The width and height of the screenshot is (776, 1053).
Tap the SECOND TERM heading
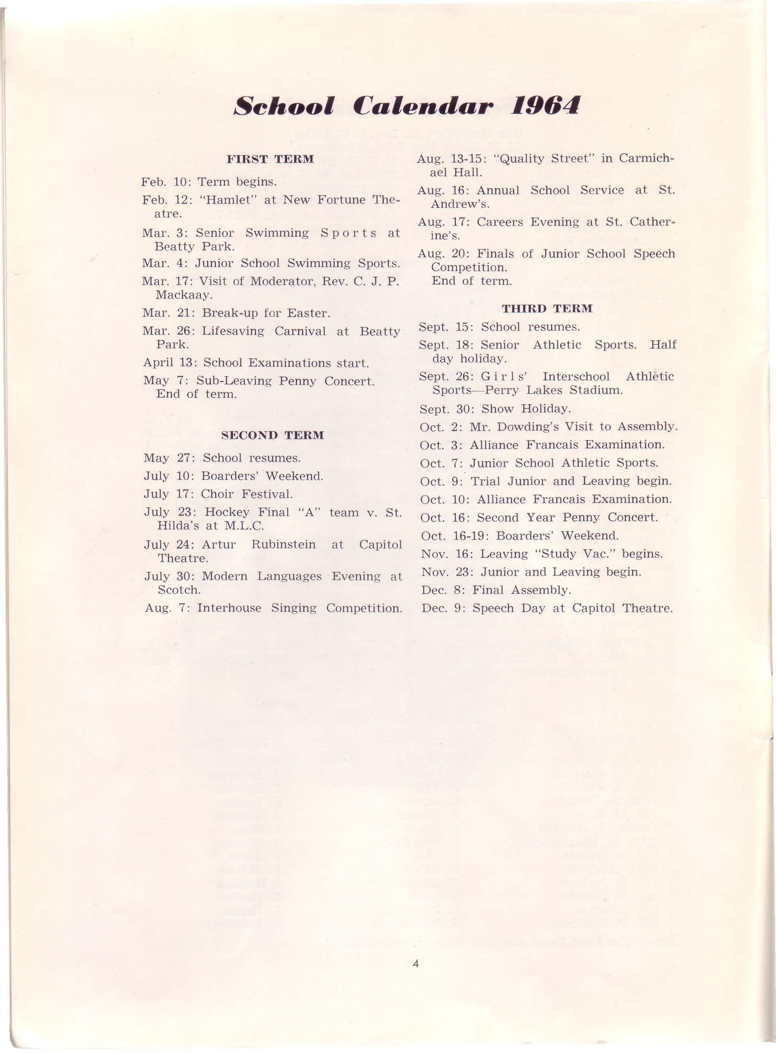[x=272, y=435]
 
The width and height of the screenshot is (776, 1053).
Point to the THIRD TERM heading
[x=547, y=309]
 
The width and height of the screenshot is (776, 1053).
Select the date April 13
[x=169, y=363]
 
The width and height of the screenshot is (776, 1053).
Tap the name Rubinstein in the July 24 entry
[x=283, y=545]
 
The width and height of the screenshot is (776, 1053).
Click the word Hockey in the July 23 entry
[x=230, y=512]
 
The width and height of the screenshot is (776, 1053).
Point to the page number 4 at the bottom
[x=415, y=964]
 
